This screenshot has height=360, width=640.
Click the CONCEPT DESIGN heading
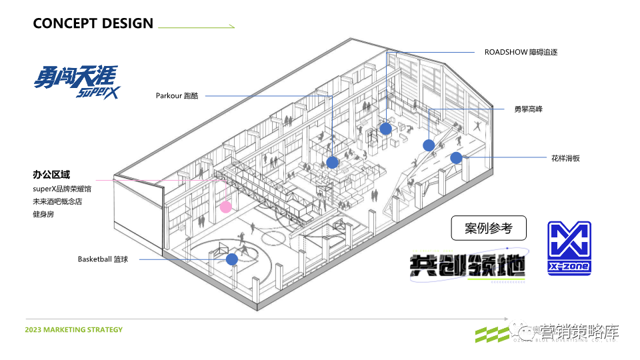(93, 23)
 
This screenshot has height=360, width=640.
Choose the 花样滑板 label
(565, 158)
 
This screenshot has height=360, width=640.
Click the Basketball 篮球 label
(103, 259)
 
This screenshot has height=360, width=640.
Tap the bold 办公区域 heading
(51, 175)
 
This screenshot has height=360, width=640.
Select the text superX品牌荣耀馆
(64, 189)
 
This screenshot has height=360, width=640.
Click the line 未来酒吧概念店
(57, 201)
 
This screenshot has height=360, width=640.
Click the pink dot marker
(226, 207)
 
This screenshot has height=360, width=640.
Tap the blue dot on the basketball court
(231, 259)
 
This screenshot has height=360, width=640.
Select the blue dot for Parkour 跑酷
(332, 162)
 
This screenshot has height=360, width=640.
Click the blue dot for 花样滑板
(456, 158)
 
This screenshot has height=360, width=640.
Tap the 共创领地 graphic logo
(468, 265)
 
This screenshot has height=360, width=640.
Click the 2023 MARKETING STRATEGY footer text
(73, 330)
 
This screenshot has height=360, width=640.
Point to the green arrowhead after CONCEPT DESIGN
(231, 27)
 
